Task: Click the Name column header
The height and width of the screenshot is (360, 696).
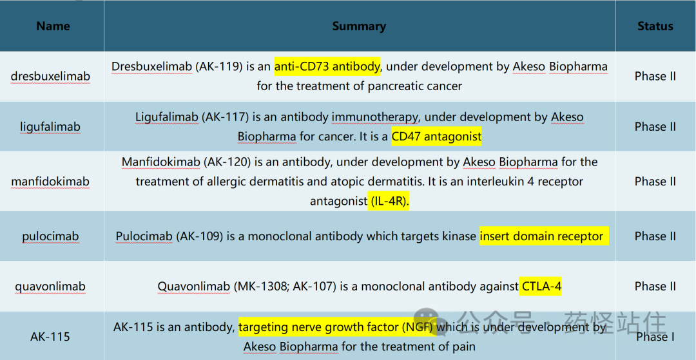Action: coord(53,26)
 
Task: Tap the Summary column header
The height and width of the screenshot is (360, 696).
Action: coord(359,26)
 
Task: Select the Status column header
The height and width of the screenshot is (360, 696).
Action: coord(655,26)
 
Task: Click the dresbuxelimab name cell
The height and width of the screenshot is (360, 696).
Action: coord(51,76)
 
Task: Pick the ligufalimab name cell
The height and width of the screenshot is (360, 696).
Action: coord(51,127)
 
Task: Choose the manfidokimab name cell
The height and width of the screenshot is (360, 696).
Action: coord(51,182)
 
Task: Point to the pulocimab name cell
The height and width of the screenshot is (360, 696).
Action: coord(51,236)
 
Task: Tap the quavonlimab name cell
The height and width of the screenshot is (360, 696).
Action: coord(51,287)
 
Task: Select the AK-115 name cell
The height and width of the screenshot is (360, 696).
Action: coord(51,337)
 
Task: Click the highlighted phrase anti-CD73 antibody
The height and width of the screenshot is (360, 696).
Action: coord(327,66)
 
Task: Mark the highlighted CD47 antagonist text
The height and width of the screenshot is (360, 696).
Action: coord(436,137)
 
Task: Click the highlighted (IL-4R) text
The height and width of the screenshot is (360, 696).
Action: coord(389,202)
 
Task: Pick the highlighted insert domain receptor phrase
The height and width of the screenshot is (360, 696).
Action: coord(544,236)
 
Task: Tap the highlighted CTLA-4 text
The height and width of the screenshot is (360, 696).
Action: coord(541,287)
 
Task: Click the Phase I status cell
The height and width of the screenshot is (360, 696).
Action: coord(655,337)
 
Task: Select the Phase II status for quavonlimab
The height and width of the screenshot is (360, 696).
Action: coord(655,287)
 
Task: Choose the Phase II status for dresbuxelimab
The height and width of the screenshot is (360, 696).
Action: coord(655,76)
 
